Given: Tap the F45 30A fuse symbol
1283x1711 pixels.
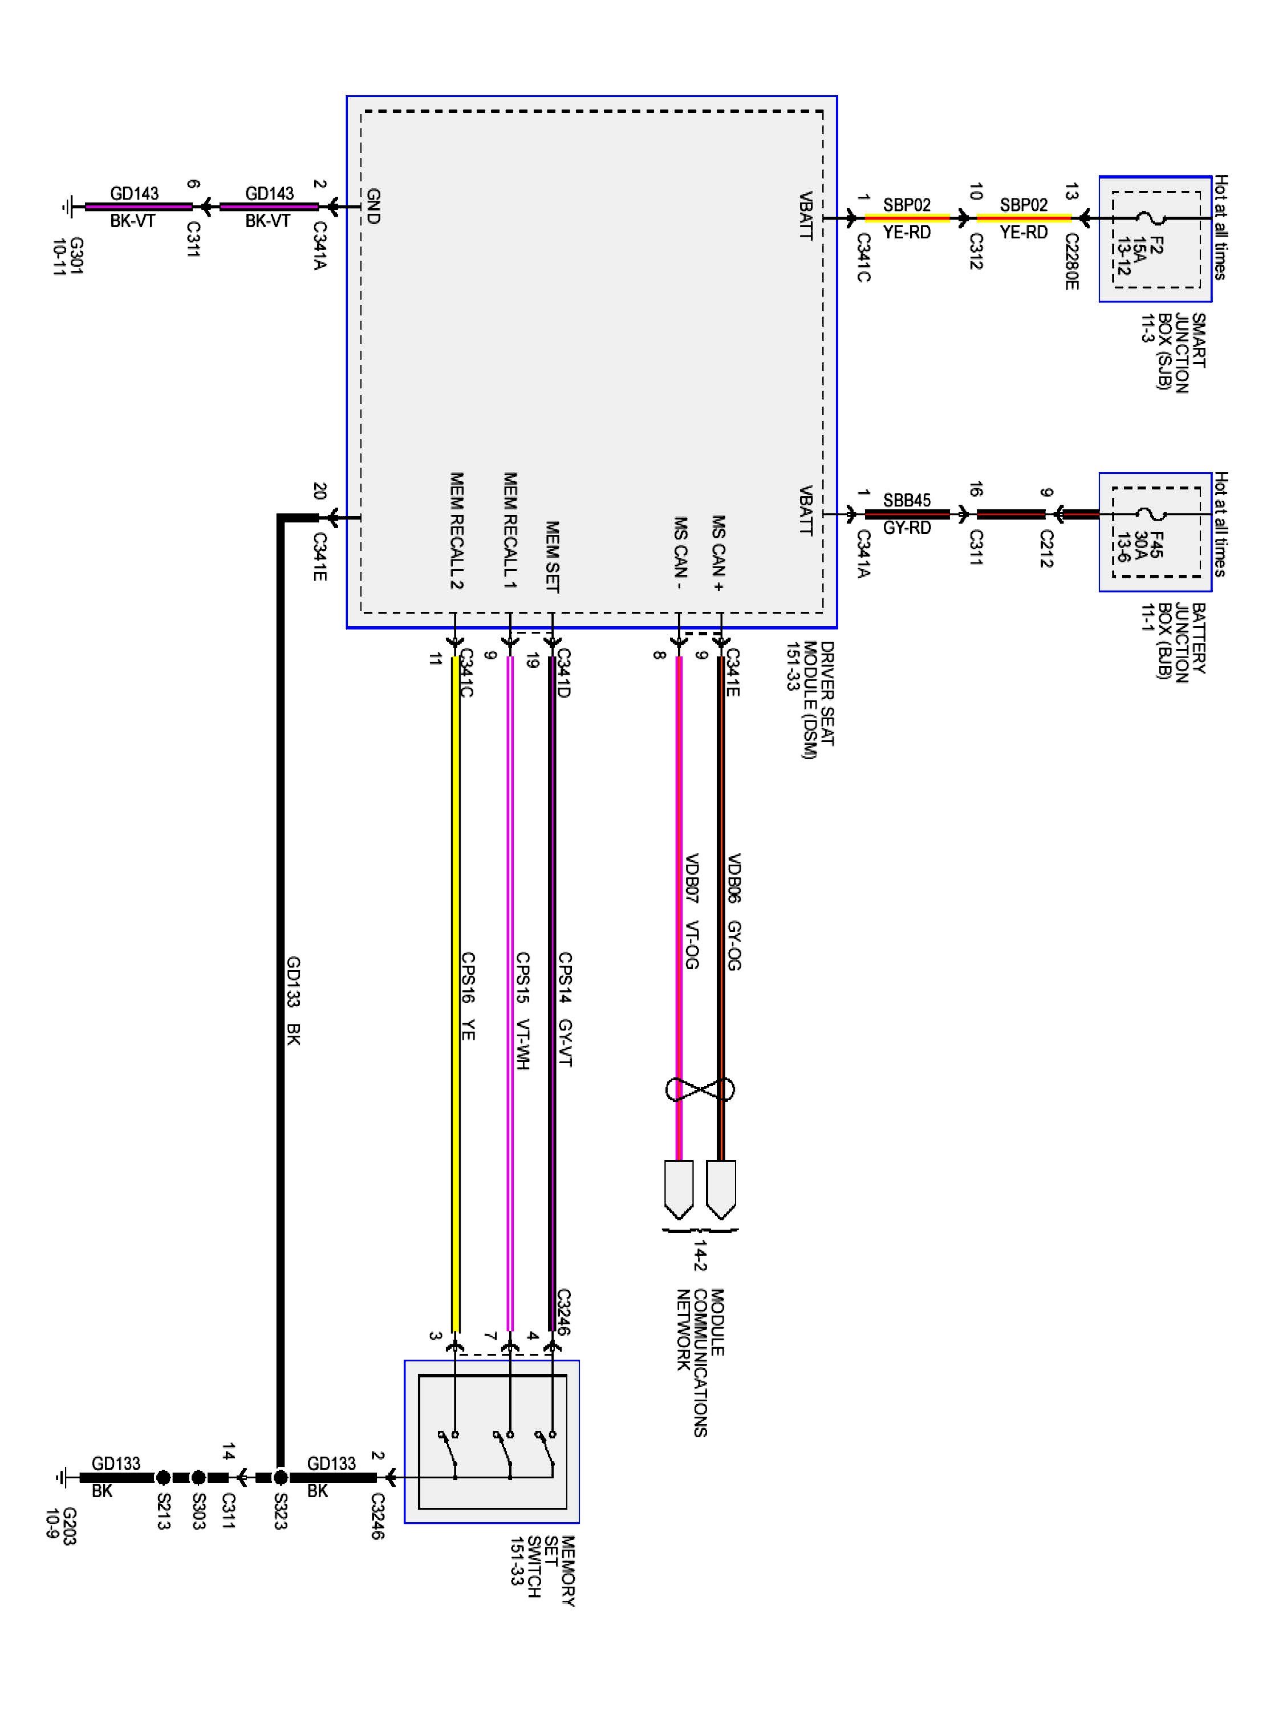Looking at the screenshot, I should pyautogui.click(x=1157, y=514).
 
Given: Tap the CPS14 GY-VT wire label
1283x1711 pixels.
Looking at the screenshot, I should pyautogui.click(x=565, y=1009).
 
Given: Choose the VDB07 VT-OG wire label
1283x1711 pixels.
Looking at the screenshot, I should pyautogui.click(x=691, y=911).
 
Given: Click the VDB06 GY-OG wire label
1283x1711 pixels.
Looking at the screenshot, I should pyautogui.click(x=734, y=911).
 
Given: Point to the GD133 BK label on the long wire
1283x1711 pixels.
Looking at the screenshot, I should pyautogui.click(x=293, y=1000).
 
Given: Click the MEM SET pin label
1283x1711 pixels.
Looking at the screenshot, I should pyautogui.click(x=552, y=556).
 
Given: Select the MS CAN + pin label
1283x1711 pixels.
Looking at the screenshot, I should pyautogui.click(x=718, y=553).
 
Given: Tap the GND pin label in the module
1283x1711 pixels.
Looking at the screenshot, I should pyautogui.click(x=373, y=206).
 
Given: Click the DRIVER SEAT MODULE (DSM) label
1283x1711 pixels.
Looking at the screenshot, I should pyautogui.click(x=809, y=700).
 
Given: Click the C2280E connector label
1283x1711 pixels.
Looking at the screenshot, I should pyautogui.click(x=1071, y=261).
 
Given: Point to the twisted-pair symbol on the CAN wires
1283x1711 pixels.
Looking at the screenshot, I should pyautogui.click(x=700, y=1089).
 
